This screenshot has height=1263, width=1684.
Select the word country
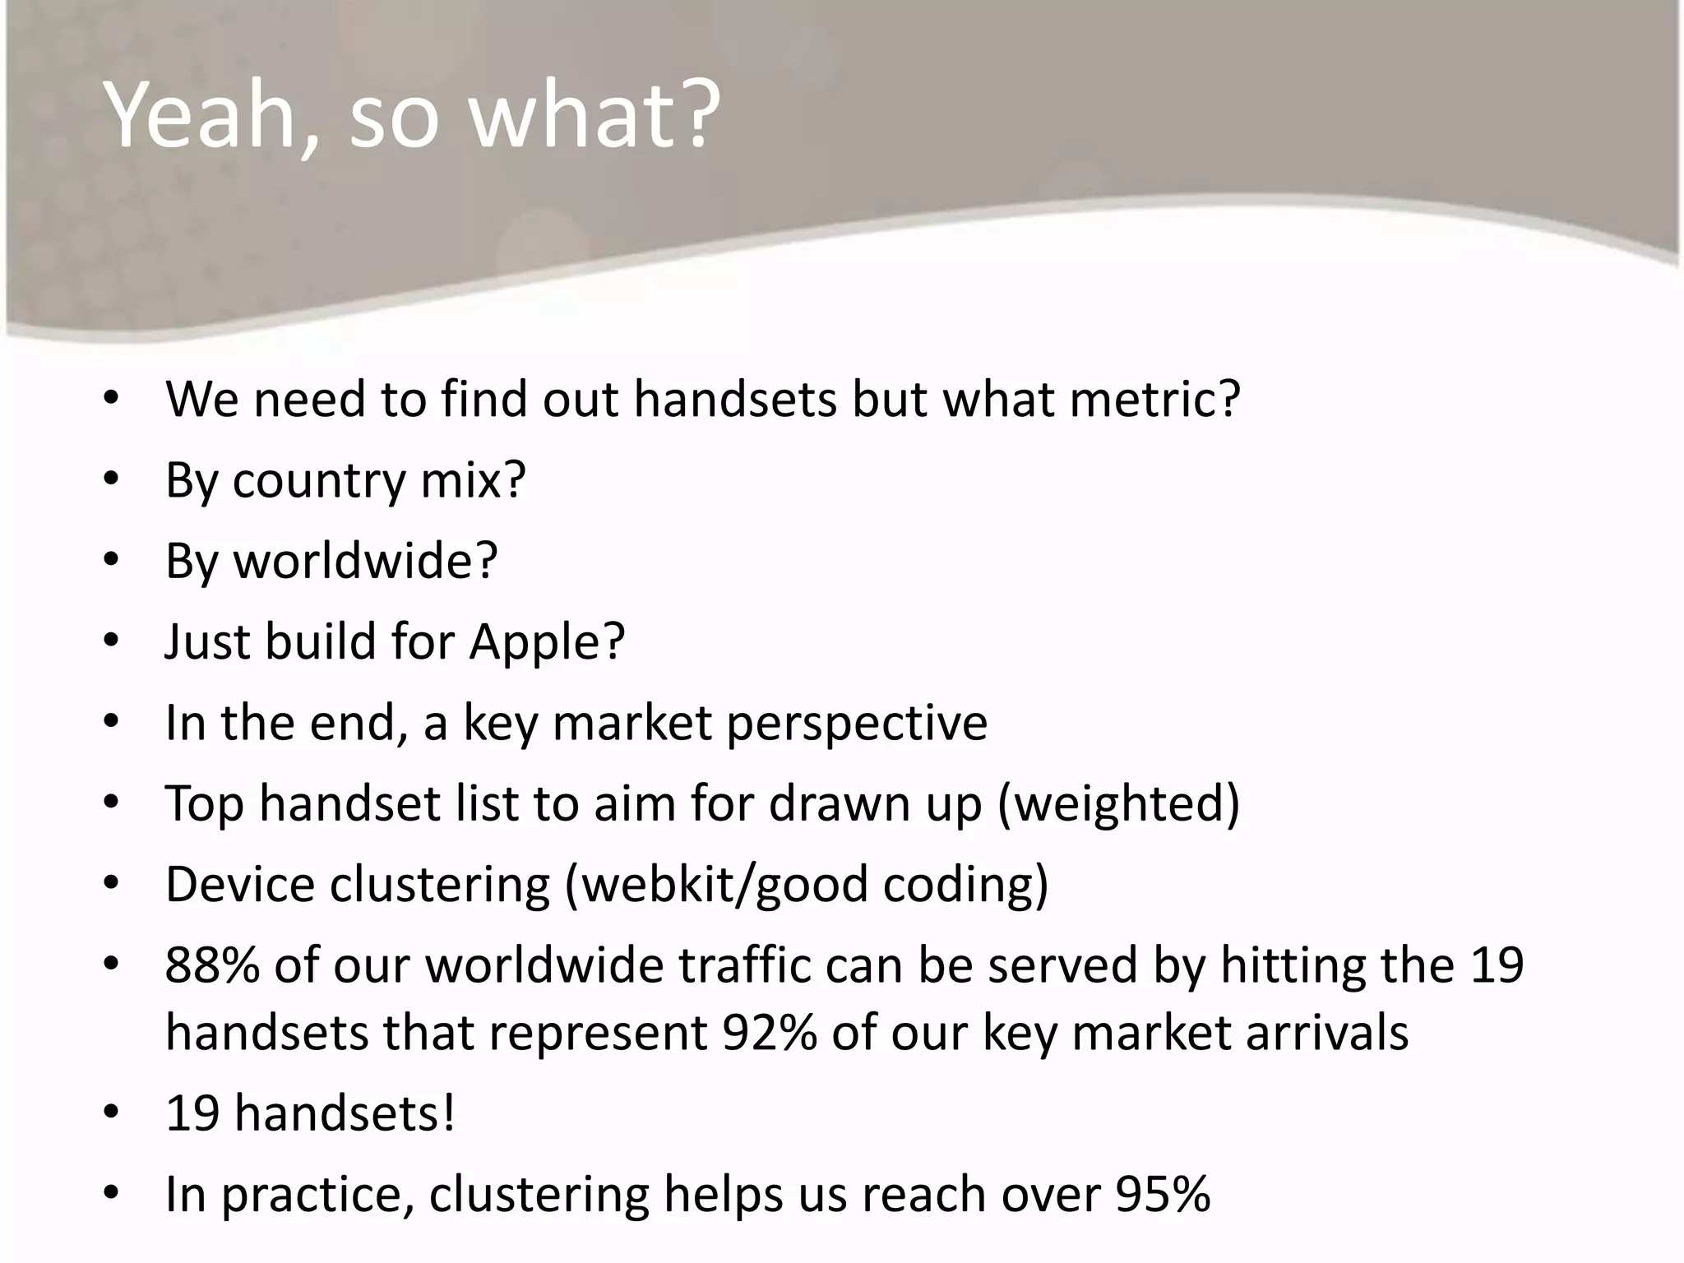pyautogui.click(x=319, y=481)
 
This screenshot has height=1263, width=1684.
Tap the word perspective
pyautogui.click(x=857, y=724)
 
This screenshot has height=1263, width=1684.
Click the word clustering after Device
pyautogui.click(x=440, y=885)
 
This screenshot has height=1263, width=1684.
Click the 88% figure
pyautogui.click(x=212, y=965)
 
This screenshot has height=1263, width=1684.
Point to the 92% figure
pyautogui.click(x=770, y=1033)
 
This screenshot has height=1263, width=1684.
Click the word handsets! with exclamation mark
pyautogui.click(x=345, y=1113)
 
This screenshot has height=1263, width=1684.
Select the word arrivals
pyautogui.click(x=1327, y=1033)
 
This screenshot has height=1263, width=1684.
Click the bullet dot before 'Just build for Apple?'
pyautogui.click(x=112, y=641)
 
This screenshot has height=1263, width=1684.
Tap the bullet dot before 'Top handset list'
pyautogui.click(x=112, y=803)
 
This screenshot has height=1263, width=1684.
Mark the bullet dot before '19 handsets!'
pyautogui.click(x=112, y=1113)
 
